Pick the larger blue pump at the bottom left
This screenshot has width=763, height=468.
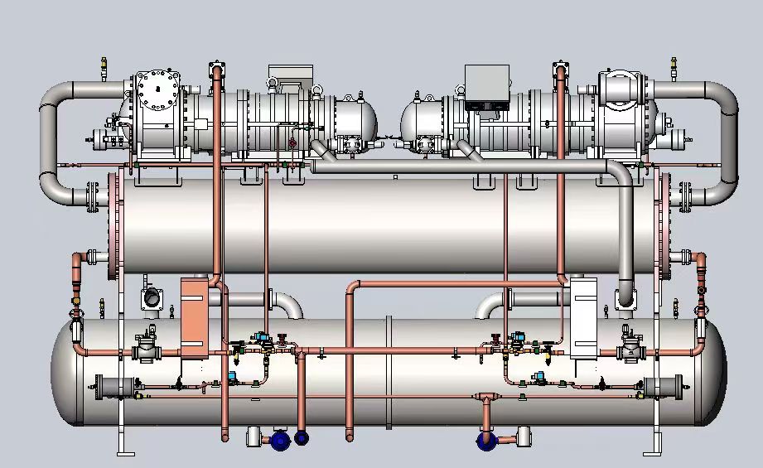280,440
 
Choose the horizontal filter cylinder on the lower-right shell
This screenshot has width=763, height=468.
662,387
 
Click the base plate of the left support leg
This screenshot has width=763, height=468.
125,453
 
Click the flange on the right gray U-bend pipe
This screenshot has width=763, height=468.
685,196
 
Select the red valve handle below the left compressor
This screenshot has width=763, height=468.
292,142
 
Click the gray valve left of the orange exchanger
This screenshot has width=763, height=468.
147,349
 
